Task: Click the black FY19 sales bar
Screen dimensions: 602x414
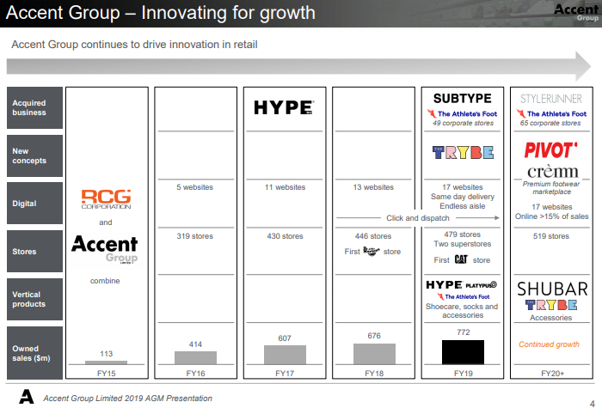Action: coord(463,352)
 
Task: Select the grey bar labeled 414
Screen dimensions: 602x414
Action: coord(195,357)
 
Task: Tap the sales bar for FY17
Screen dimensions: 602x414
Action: coord(285,355)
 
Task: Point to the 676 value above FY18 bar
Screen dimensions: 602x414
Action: coord(374,336)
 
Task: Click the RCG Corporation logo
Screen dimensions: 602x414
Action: coord(106,199)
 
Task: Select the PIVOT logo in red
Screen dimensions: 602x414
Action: coord(550,150)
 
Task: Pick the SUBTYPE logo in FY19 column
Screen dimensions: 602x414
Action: coord(463,99)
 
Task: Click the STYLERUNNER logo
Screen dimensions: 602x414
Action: coord(551,99)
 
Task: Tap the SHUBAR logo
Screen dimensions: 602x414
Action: coord(552,289)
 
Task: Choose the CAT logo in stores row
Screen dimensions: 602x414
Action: coord(461,259)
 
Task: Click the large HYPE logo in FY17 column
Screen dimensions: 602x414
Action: coord(284,107)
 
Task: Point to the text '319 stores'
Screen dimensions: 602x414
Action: coord(194,236)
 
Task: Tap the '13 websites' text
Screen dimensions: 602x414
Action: coord(373,187)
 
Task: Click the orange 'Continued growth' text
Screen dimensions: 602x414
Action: coord(549,344)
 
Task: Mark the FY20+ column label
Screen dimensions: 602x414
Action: coord(552,374)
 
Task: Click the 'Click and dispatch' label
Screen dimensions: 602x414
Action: coord(418,217)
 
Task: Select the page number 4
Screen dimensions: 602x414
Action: coord(593,404)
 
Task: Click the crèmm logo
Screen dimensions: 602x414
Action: coord(552,171)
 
